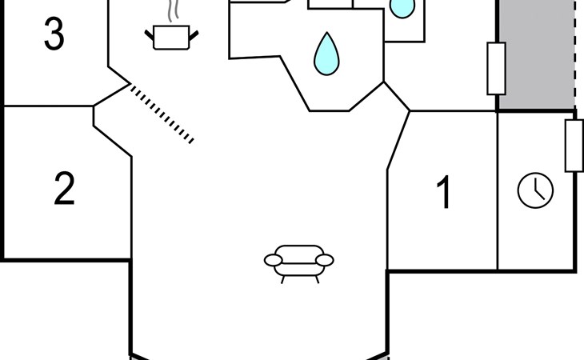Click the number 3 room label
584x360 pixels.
54,34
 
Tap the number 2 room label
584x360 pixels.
65,188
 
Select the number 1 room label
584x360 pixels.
444,192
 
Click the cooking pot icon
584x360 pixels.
171,38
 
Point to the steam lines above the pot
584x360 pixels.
173,10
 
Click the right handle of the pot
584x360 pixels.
194,36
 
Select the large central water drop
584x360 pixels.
326,54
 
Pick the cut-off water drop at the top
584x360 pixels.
402,9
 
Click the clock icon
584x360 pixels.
535,190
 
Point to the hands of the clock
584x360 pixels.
538,190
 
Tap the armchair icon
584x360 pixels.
299,264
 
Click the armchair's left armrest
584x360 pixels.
274,260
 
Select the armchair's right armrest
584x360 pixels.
325,260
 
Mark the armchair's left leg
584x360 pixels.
282,279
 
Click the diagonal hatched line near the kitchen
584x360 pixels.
162,114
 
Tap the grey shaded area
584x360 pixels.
536,54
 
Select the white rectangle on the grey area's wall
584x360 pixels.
497,69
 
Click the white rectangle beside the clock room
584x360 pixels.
574,146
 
